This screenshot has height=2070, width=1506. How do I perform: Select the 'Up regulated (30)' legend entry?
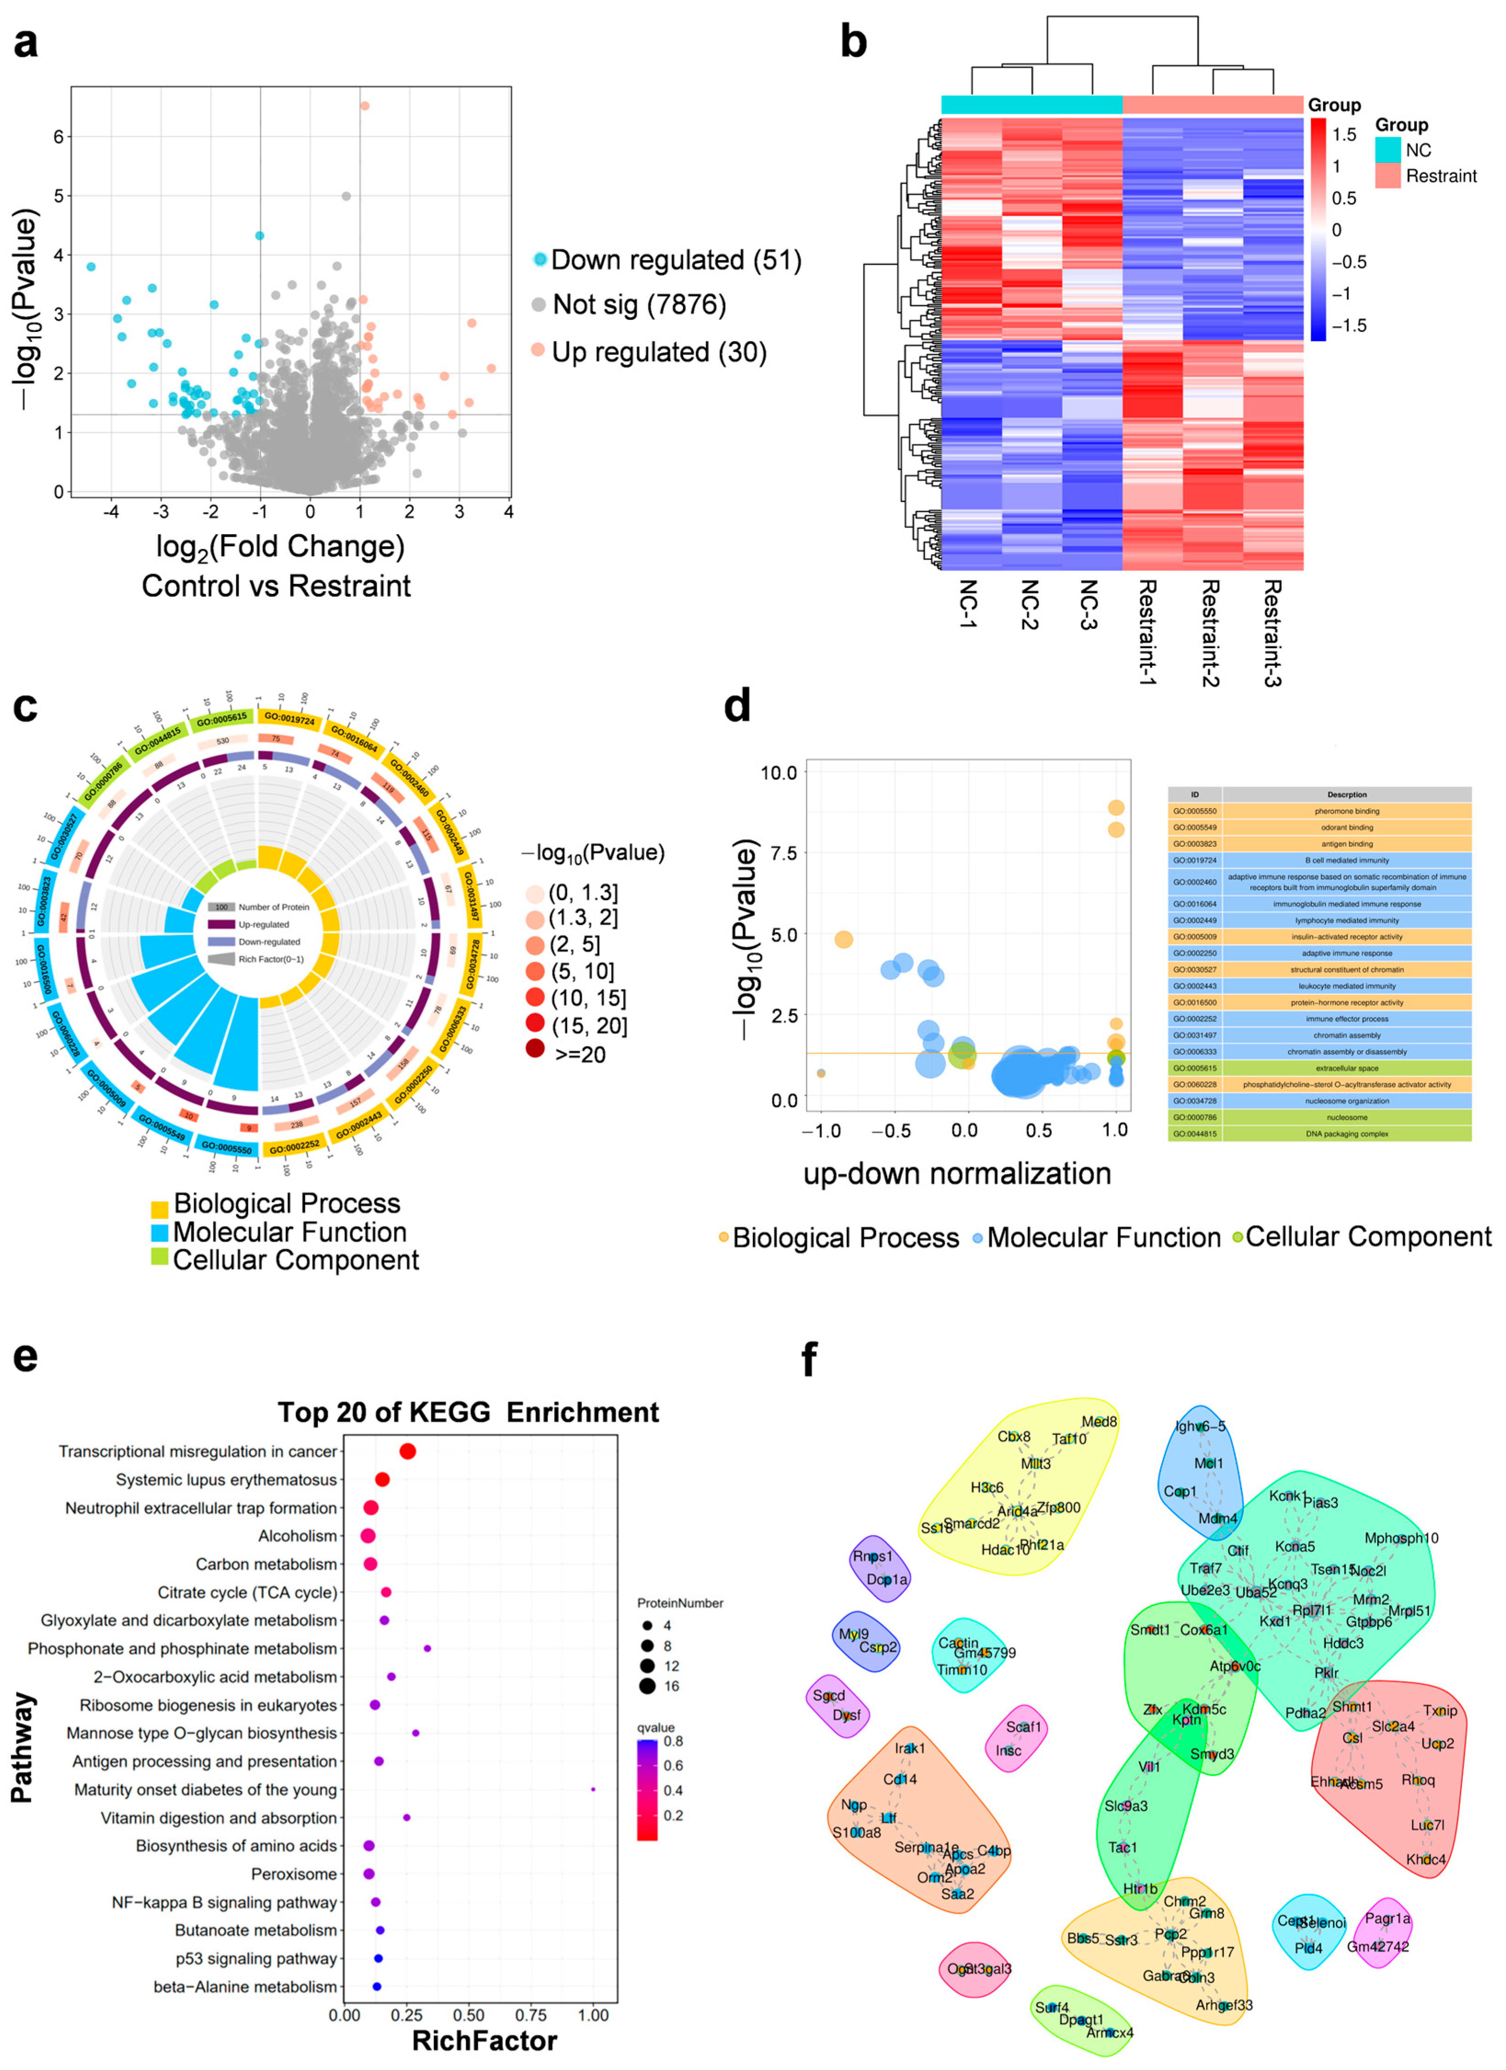pyautogui.click(x=658, y=352)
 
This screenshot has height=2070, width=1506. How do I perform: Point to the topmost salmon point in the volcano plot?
pyautogui.click(x=364, y=106)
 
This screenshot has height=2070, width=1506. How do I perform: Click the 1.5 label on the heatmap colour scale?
pyautogui.click(x=1344, y=135)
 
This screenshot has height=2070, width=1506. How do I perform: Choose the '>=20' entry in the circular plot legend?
pyautogui.click(x=579, y=1054)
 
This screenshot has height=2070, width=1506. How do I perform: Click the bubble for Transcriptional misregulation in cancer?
pyautogui.click(x=407, y=1451)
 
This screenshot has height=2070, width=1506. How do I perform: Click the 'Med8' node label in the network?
pyautogui.click(x=1099, y=1422)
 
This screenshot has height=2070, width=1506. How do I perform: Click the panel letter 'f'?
pyautogui.click(x=809, y=1360)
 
